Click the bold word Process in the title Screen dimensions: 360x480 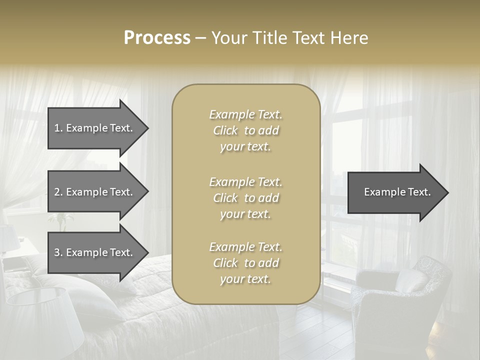pyautogui.click(x=157, y=38)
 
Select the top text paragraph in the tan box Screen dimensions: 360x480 pyautogui.click(x=245, y=130)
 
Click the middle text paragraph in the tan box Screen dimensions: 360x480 pyautogui.click(x=245, y=197)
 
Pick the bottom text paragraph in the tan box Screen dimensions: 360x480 pyautogui.click(x=245, y=263)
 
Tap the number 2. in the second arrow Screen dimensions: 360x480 pyautogui.click(x=58, y=192)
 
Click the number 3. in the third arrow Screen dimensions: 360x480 pyautogui.click(x=58, y=252)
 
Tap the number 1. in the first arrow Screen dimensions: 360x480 pyautogui.click(x=58, y=128)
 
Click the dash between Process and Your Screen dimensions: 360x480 pyautogui.click(x=200, y=38)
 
